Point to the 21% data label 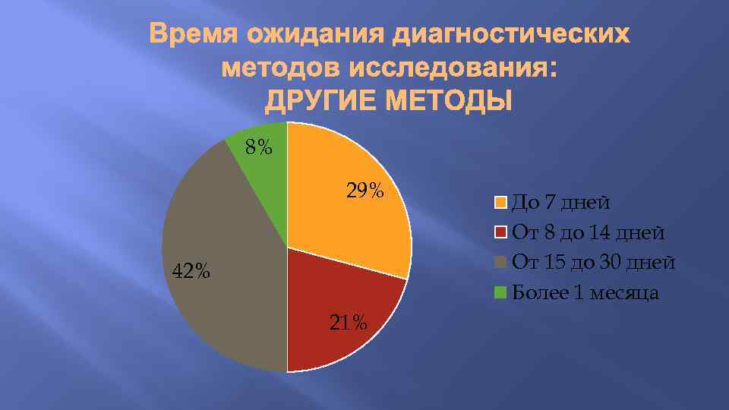coord(349,323)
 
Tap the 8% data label coord(259,147)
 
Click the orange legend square coord(500,203)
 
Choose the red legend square coord(500,232)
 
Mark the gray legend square coord(500,263)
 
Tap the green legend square coord(500,292)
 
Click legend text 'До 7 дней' coord(560,203)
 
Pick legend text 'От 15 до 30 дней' coord(593,263)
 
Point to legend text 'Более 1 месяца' coord(585,292)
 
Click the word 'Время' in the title coord(189,35)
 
